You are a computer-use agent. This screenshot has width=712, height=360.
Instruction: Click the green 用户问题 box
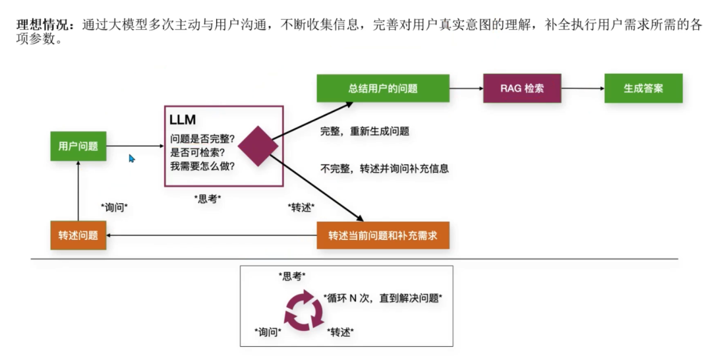coord(78,146)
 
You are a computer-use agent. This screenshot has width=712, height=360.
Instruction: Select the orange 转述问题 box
coord(78,235)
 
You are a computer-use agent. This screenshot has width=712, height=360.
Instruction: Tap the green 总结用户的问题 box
coord(382,88)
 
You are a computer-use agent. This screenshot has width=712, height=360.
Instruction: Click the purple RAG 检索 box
coord(522,88)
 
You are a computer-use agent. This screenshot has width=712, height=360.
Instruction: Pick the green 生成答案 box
coord(643,88)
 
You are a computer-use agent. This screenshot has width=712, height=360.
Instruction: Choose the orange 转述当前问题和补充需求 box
coord(382,235)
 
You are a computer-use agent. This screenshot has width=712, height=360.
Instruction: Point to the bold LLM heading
coord(183,120)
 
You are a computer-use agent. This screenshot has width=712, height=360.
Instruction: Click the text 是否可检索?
coord(197,152)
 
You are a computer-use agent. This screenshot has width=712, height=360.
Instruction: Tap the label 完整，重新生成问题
coord(365,131)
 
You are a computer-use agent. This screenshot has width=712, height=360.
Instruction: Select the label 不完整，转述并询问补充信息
coord(384,168)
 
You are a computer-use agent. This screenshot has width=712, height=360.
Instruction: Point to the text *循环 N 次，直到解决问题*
coord(383,297)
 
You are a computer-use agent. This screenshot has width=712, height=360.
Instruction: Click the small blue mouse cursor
coord(132,159)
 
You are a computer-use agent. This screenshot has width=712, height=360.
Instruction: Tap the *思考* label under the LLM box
coord(208,198)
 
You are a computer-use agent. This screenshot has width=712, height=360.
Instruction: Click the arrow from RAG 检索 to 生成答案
coord(583,88)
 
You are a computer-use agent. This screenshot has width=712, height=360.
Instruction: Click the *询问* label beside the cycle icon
coord(268,332)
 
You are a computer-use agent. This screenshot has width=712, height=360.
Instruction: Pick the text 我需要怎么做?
coord(202,166)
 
